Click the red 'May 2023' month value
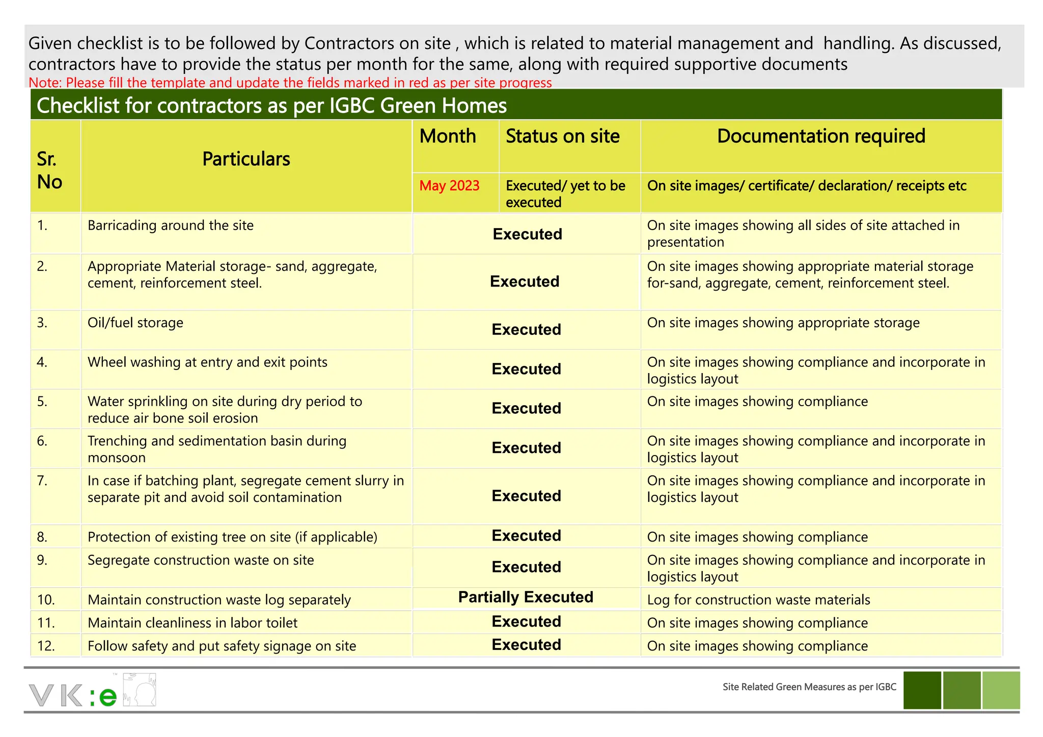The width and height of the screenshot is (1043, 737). pyautogui.click(x=449, y=186)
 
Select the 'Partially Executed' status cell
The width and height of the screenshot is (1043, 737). pyautogui.click(x=526, y=597)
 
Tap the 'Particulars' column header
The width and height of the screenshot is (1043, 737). pyautogui.click(x=246, y=159)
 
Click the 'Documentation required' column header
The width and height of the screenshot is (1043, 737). pyautogui.click(x=821, y=136)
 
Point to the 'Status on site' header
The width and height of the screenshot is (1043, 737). pyautogui.click(x=562, y=136)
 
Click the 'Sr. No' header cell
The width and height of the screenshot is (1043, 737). pyautogui.click(x=49, y=171)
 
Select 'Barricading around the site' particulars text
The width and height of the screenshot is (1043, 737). pyautogui.click(x=171, y=225)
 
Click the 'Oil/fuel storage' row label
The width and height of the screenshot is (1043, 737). pyautogui.click(x=135, y=323)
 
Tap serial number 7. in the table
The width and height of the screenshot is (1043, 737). pyautogui.click(x=42, y=480)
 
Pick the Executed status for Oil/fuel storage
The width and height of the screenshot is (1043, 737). pyautogui.click(x=526, y=329)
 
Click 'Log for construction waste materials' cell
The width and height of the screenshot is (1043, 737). pyautogui.click(x=758, y=600)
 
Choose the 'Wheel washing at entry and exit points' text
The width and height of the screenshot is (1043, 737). pyautogui.click(x=207, y=362)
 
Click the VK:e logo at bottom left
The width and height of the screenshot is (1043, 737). pyautogui.click(x=92, y=691)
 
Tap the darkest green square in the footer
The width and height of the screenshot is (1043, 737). pyautogui.click(x=922, y=690)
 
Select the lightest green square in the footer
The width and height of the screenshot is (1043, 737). pyautogui.click(x=1001, y=690)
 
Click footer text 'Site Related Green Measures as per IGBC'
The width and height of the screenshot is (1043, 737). pyautogui.click(x=809, y=687)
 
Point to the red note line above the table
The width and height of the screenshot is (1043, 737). pyautogui.click(x=290, y=82)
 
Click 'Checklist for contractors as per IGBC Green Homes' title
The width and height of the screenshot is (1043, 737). pyautogui.click(x=271, y=106)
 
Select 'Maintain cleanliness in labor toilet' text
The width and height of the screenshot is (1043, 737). pyautogui.click(x=193, y=623)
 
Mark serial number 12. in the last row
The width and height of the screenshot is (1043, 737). pyautogui.click(x=45, y=646)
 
